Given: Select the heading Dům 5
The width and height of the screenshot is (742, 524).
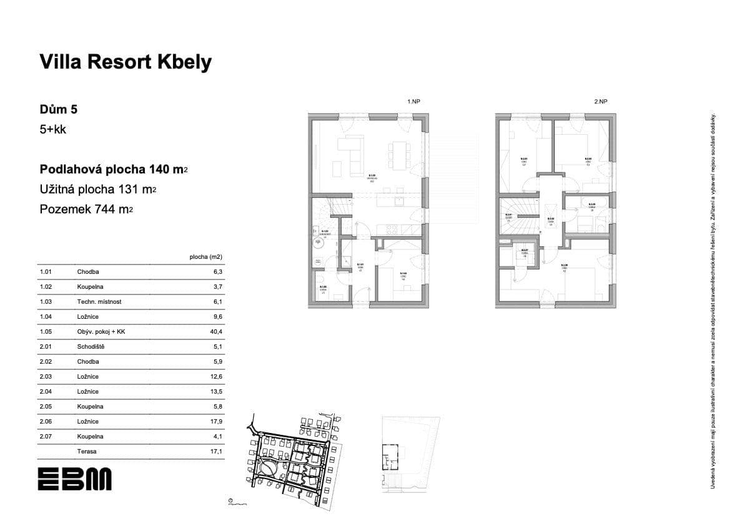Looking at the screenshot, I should [x=59, y=110].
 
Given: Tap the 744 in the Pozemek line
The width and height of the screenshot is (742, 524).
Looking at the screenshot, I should [x=104, y=210].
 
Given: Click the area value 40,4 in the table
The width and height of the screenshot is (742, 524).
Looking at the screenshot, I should [x=217, y=332].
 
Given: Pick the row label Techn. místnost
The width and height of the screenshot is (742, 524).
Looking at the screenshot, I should [x=99, y=302].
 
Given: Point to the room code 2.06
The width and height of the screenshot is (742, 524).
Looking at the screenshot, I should [x=45, y=422].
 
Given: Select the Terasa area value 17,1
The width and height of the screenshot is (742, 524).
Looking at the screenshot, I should [x=217, y=452].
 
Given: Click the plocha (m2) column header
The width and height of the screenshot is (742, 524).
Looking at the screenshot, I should [x=206, y=256].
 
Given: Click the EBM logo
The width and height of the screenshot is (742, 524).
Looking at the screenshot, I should [x=74, y=479].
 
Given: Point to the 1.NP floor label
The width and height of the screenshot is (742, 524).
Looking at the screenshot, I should [x=413, y=101].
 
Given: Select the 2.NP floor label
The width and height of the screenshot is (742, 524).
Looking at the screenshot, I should [x=601, y=101].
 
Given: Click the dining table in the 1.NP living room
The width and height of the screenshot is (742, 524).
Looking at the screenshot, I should [x=398, y=155].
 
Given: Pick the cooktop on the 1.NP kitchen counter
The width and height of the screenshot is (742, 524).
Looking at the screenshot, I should [x=397, y=201].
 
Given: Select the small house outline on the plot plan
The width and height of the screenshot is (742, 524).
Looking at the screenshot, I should [x=390, y=458].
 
